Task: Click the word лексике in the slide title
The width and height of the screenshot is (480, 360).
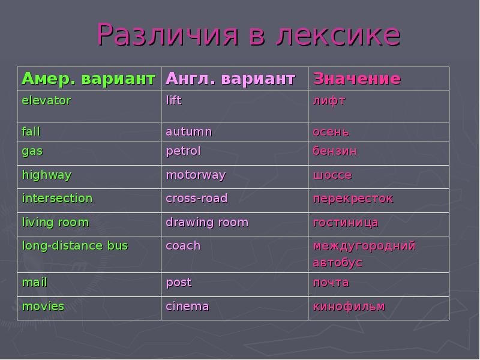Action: [338, 36]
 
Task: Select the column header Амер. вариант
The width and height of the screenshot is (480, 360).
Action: [88, 79]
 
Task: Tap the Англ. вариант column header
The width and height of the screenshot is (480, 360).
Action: [230, 79]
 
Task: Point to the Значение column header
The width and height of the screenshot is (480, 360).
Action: [356, 79]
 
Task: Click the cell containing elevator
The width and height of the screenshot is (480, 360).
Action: [46, 101]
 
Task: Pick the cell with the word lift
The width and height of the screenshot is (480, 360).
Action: [173, 101]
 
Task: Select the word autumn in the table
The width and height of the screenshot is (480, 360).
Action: [188, 131]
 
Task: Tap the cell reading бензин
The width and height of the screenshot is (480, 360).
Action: [334, 151]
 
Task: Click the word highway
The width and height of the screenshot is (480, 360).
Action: [46, 175]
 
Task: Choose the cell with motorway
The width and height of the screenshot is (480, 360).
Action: [196, 175]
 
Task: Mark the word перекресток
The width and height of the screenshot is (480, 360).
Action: [353, 199]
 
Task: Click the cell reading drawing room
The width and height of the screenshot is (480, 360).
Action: [207, 223]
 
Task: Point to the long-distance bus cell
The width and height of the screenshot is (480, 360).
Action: [75, 246]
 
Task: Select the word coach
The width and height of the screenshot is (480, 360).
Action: [183, 246]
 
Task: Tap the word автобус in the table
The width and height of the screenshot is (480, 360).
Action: [337, 263]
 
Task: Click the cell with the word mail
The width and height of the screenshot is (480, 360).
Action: [34, 282]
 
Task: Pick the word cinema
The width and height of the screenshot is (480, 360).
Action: [187, 307]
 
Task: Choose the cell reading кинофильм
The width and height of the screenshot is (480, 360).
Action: [349, 307]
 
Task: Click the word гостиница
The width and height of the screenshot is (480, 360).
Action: [346, 223]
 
